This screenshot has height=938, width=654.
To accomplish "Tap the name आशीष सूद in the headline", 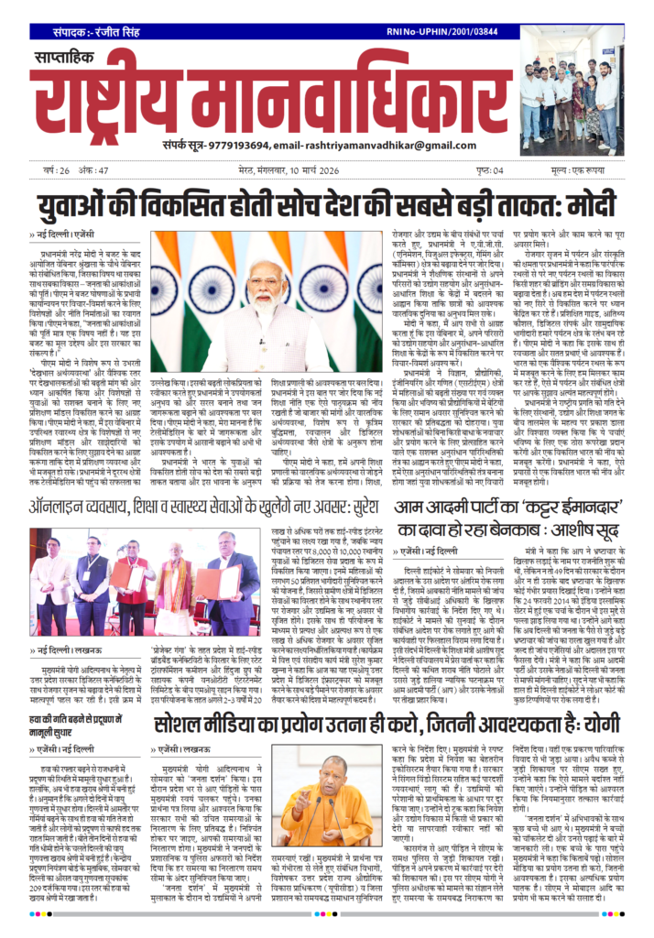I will pyautogui.click(x=579, y=530).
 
